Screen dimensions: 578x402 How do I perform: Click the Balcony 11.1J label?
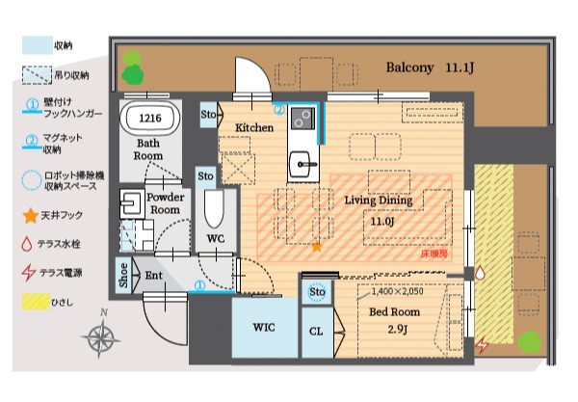coord(430,67)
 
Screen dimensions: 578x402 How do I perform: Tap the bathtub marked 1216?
coord(150,118)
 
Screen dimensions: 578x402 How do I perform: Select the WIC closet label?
coord(264,327)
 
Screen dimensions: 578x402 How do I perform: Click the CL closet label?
coord(316,332)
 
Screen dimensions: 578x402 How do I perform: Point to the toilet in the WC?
coord(214,208)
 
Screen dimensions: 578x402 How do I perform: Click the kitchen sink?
coord(303,164)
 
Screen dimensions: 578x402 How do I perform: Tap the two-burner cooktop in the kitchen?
coord(303,118)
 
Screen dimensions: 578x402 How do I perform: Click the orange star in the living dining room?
coord(317,247)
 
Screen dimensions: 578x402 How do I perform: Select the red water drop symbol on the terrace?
coord(480,273)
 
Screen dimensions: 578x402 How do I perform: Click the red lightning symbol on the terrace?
coord(482,345)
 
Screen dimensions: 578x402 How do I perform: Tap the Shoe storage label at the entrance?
coord(123,276)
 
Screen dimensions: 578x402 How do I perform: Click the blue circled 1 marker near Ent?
coord(199,285)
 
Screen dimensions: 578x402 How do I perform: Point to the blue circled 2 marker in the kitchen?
coord(279,110)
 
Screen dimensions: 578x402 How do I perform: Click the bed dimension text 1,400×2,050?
coord(397,291)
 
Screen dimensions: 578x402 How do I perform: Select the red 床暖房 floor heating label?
coord(434,254)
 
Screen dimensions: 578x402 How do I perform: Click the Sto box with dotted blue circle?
coord(317,292)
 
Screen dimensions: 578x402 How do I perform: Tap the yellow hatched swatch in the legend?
coord(36,302)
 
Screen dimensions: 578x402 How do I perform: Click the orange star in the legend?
coord(31,215)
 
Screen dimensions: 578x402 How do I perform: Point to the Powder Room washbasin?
coord(132,202)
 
